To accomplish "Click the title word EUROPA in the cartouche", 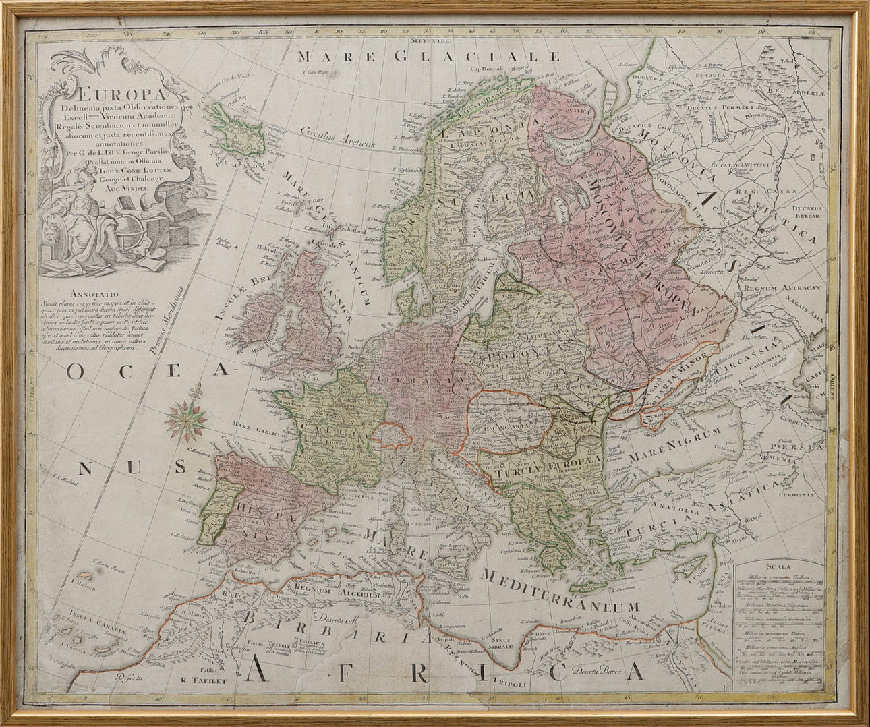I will [x=96, y=94].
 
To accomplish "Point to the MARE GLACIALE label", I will [x=430, y=57].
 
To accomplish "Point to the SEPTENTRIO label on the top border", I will [x=432, y=41].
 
